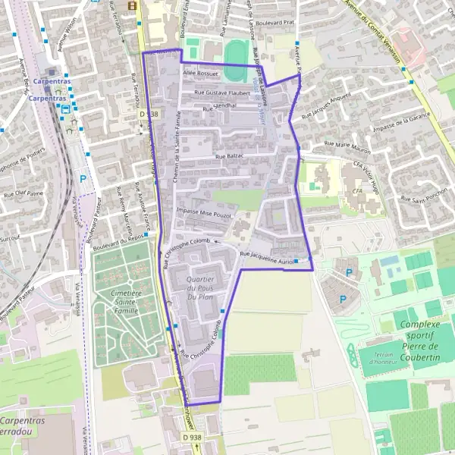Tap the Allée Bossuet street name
(x=200, y=74)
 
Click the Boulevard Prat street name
(x=274, y=23)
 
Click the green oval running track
(x=235, y=52)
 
